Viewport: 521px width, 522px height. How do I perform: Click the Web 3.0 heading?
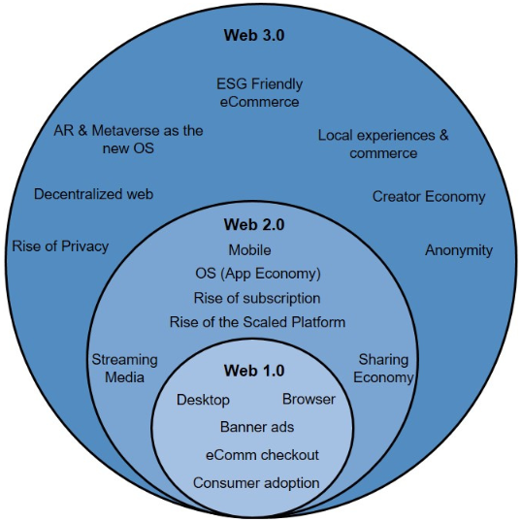tap(254, 35)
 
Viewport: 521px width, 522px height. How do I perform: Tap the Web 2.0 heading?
tap(254, 224)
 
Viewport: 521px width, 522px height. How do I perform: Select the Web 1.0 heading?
tap(254, 371)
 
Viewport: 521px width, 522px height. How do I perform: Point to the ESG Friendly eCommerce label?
tap(259, 92)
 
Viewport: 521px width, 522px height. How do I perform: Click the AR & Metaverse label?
tap(128, 139)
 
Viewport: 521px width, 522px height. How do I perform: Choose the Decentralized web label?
tap(93, 194)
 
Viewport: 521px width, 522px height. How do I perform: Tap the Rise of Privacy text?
tap(60, 247)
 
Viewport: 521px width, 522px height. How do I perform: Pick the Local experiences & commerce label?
tap(383, 145)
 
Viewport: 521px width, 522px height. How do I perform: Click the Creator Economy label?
tap(429, 197)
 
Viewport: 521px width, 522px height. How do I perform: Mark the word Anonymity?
tap(459, 250)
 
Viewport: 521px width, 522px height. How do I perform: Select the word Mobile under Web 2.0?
tap(249, 250)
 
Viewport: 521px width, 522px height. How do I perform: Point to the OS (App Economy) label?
tap(258, 274)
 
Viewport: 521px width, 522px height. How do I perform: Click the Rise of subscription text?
tap(257, 298)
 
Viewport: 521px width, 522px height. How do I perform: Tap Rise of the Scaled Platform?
tap(257, 322)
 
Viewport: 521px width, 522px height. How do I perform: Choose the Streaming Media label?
tap(124, 369)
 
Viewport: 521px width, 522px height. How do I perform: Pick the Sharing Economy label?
tap(383, 369)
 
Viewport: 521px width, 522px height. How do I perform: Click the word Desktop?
tap(203, 400)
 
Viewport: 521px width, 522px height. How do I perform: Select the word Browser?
tap(309, 399)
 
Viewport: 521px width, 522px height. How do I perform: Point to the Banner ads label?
tap(257, 427)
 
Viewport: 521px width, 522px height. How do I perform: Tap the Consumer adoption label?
tap(256, 483)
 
